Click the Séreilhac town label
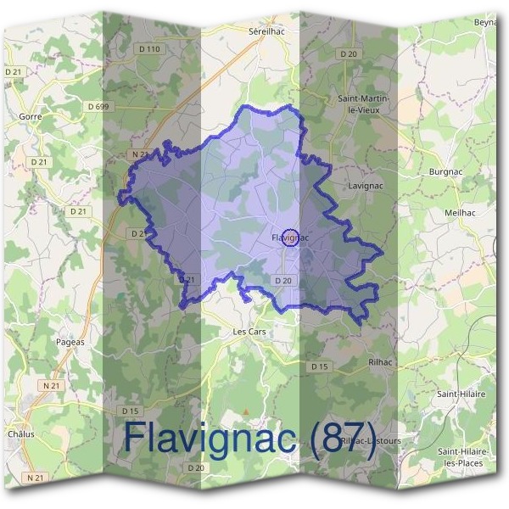click(265, 30)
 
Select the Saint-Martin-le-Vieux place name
click(364, 104)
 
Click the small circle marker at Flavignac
click(291, 238)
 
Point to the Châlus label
click(20, 433)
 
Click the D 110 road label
click(148, 49)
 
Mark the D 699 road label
click(99, 106)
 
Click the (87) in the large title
click(343, 439)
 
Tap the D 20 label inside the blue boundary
click(283, 281)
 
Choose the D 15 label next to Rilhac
click(319, 366)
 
